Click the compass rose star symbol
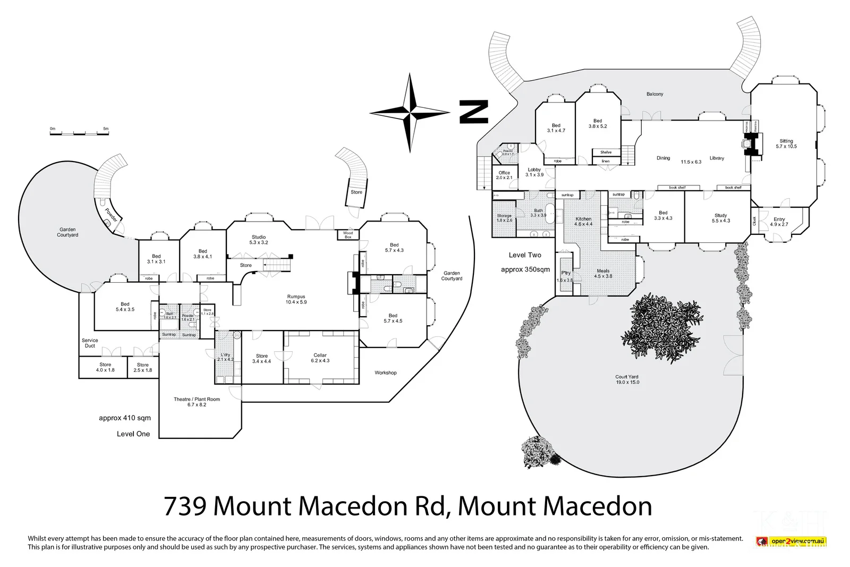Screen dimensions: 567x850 tap(410, 112)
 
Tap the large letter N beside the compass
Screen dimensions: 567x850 tap(473, 112)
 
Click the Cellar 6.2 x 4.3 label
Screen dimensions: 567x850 tap(320, 358)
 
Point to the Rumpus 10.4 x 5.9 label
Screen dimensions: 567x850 tap(296, 299)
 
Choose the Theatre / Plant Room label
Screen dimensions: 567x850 tap(197, 402)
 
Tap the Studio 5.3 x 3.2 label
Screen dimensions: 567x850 tap(259, 240)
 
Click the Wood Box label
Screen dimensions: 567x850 tap(348, 235)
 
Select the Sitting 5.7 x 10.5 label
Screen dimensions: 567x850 tap(786, 143)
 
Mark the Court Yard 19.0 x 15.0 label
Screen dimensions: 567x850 tap(627, 379)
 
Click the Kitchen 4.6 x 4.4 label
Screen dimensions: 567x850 tap(583, 221)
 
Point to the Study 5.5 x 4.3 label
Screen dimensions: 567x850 tap(721, 218)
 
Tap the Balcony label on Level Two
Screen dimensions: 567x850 tap(654, 94)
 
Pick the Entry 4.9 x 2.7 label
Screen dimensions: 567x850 tap(779, 222)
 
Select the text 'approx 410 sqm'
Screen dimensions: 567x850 tap(125, 418)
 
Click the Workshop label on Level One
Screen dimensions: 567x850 tap(386, 373)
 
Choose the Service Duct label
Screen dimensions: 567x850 tap(90, 343)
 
